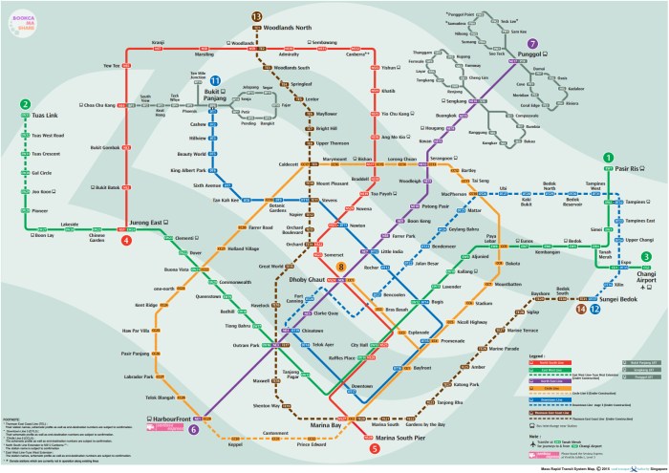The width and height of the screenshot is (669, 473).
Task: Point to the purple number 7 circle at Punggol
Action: [x=532, y=43]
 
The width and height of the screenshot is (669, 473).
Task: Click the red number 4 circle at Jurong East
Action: [x=126, y=240]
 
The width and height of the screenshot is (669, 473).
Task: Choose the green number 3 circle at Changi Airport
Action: [x=646, y=256]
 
